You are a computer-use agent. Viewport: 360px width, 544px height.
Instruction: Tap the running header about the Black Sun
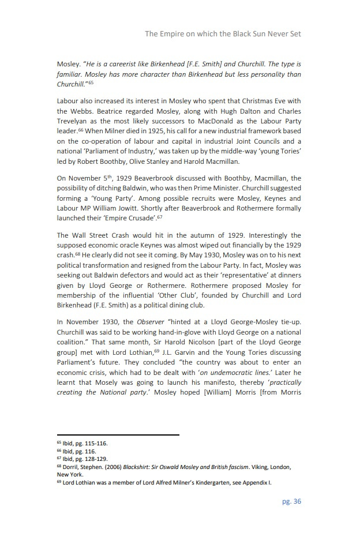(x=223, y=34)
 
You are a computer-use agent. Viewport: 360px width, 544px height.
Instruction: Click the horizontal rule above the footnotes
(x=118, y=435)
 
